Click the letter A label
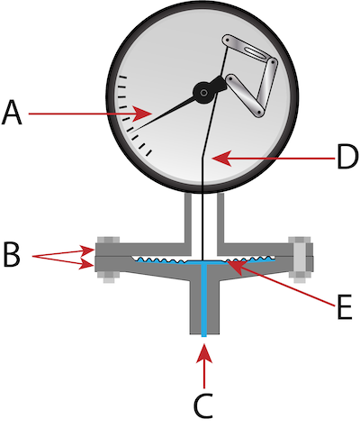12,113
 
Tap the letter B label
11,255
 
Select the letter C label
203,405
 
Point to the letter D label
347,158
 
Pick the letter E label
345,307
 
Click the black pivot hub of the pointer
204,93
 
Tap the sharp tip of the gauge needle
129,132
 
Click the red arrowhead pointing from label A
143,114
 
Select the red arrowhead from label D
221,158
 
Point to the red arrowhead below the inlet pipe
204,353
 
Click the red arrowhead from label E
236,267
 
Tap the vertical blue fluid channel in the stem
204,300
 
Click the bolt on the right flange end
301,260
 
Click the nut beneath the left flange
108,278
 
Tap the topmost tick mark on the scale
123,77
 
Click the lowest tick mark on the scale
149,153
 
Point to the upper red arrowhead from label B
87,250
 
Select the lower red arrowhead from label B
87,264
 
